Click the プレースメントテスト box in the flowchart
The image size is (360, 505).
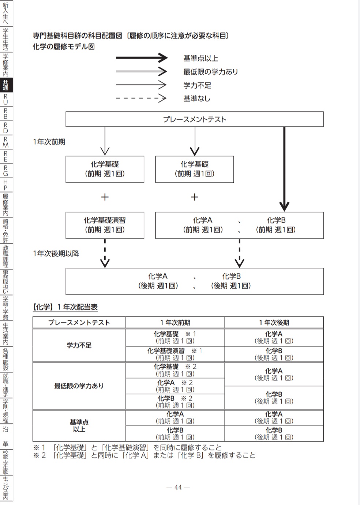(194, 119)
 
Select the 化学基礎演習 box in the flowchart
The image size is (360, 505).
(105, 225)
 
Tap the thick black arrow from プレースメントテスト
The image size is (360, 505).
(284, 168)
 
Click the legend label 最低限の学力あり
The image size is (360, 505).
(210, 72)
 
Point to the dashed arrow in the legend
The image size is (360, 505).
(141, 98)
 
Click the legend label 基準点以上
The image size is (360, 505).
(200, 58)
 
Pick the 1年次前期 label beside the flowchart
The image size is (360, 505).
(49, 142)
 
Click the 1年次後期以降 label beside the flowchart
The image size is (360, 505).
(56, 253)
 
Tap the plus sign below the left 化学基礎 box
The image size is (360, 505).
(105, 197)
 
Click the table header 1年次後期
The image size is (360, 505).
(274, 323)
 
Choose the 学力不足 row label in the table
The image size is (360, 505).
(79, 345)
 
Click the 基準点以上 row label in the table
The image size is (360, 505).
(79, 426)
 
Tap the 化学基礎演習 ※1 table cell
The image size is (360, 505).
(175, 354)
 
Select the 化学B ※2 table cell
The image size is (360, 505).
(175, 402)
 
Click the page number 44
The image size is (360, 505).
(178, 487)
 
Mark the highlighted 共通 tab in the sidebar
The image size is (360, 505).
(6, 85)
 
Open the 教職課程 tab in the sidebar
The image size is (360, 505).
(6, 256)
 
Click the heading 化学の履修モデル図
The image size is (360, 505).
(64, 47)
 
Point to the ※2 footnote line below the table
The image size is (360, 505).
(144, 456)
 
